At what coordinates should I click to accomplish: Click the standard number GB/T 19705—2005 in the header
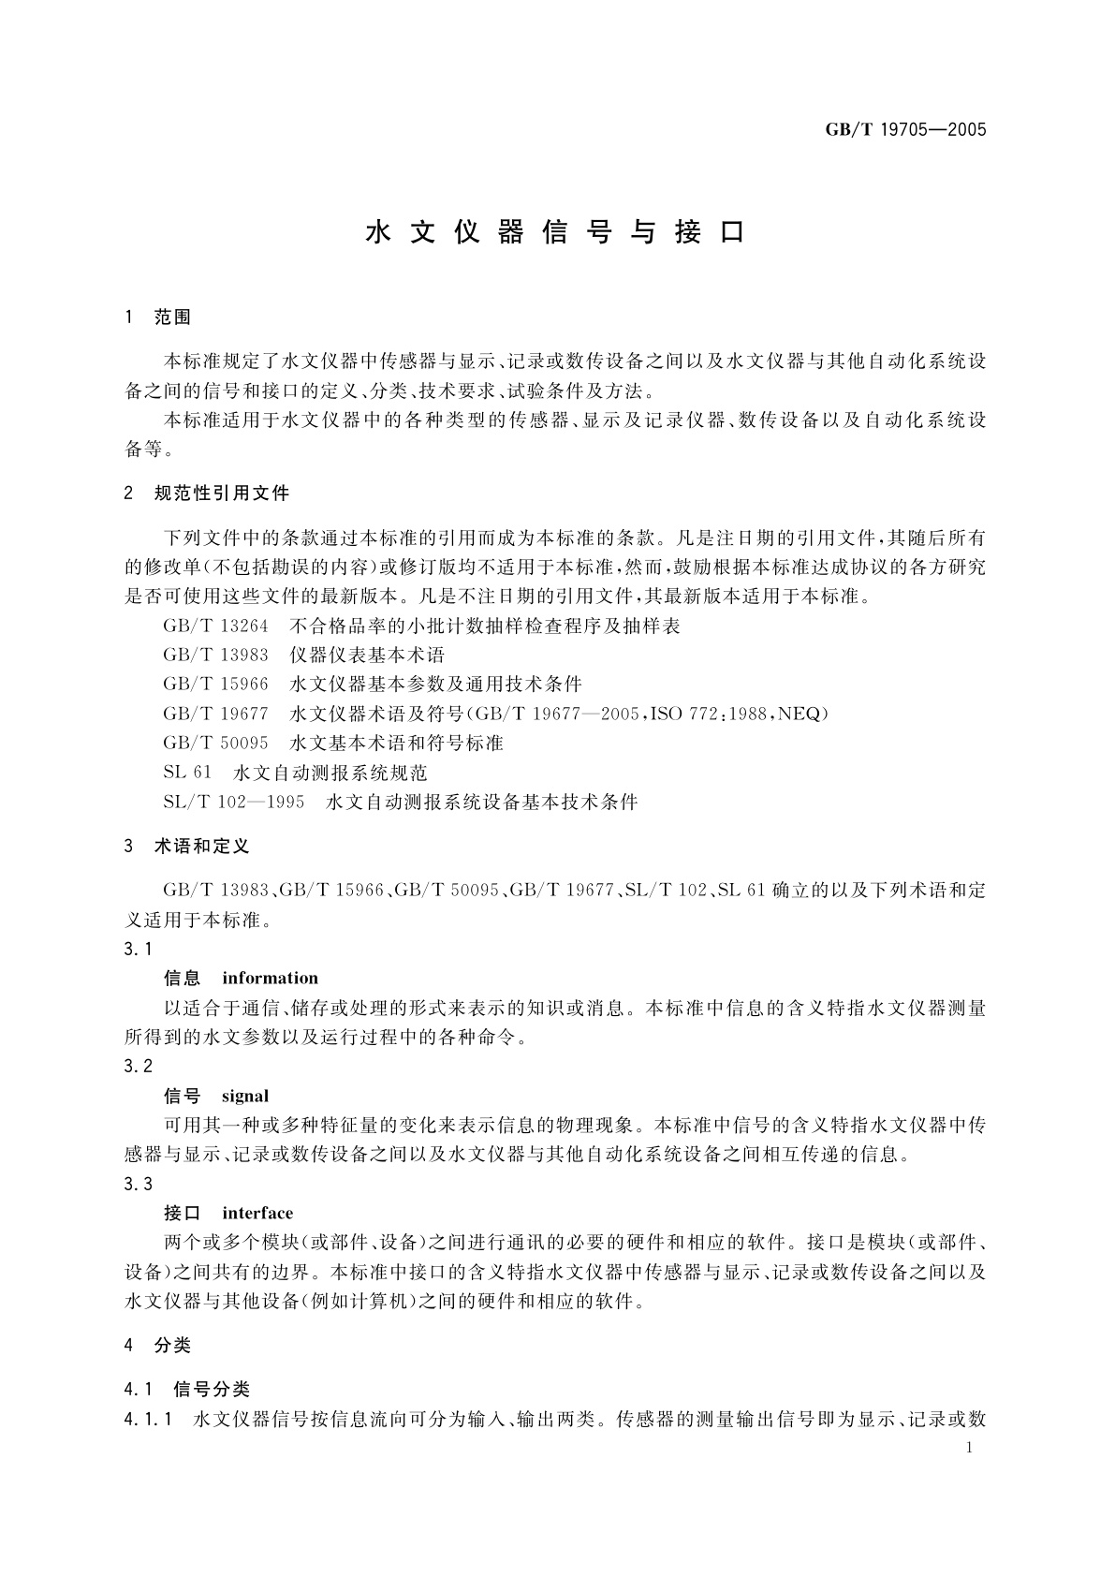click(905, 130)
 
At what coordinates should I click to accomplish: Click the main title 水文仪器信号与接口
click(556, 232)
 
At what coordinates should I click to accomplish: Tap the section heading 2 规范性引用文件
click(207, 493)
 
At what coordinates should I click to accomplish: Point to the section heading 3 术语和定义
click(186, 846)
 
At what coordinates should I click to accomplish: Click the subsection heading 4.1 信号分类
click(186, 1389)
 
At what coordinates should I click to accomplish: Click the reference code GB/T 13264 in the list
click(215, 626)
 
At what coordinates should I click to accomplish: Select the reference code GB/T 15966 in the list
click(215, 685)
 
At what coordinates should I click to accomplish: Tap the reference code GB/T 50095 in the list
click(215, 744)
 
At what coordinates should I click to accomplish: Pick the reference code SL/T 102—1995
click(233, 803)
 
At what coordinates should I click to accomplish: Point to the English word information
click(270, 979)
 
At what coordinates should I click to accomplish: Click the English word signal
click(245, 1096)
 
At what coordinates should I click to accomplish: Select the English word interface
click(257, 1214)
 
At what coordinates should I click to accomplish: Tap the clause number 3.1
click(138, 949)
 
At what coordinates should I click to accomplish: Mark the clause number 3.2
click(138, 1066)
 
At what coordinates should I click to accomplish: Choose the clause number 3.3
click(138, 1184)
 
